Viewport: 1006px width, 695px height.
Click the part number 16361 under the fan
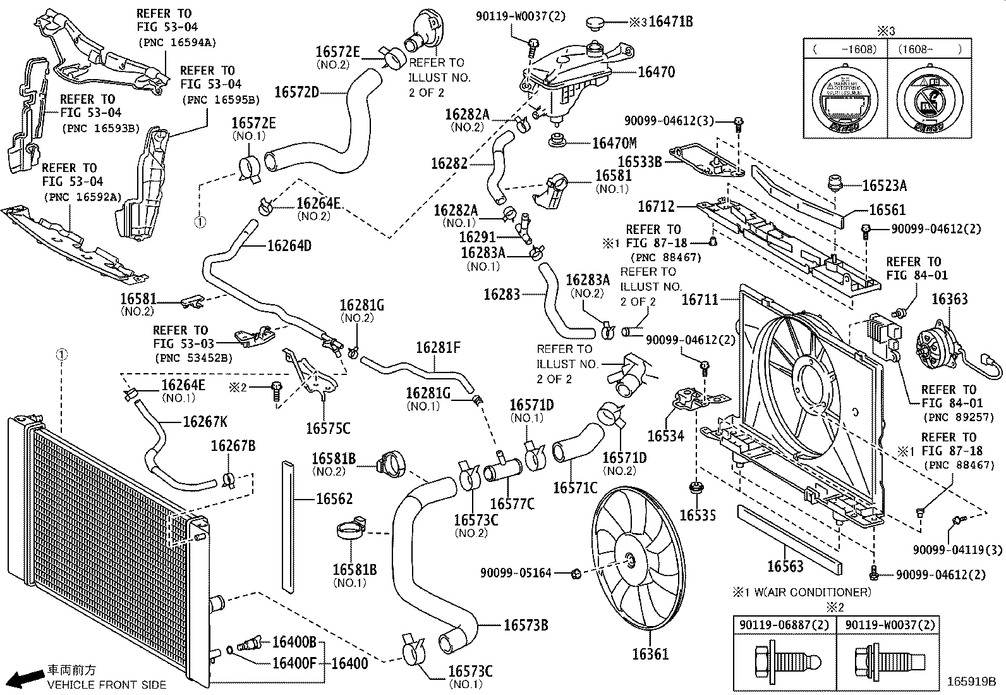point(650,655)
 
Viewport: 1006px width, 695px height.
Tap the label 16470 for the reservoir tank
point(656,72)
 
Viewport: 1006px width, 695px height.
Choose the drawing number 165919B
point(971,682)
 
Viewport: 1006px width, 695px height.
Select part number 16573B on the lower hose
point(525,625)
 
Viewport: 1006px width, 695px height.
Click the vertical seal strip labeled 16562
point(288,525)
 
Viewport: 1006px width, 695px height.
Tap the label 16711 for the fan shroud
point(700,299)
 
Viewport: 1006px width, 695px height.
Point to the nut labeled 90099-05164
point(576,574)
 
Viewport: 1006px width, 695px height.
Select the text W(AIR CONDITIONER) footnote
point(808,593)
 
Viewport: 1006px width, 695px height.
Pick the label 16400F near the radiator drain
point(294,663)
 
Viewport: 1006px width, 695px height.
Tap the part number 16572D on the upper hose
point(296,92)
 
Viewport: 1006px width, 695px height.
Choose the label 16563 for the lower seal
point(785,566)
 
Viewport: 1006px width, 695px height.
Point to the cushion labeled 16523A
point(835,183)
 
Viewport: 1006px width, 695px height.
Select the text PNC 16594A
point(177,42)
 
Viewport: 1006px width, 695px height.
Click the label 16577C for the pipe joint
point(512,504)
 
